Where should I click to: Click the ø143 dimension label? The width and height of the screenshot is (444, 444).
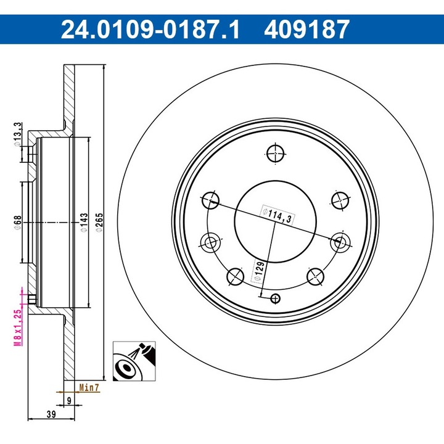(x=84, y=221)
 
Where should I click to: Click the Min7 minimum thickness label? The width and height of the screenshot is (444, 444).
(x=89, y=388)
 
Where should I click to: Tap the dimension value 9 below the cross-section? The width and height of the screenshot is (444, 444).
(x=68, y=401)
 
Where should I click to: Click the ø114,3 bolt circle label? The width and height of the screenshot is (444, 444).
(x=276, y=215)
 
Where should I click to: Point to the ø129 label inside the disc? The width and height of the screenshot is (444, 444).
(x=259, y=271)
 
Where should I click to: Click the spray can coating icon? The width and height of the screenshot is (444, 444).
(x=131, y=361)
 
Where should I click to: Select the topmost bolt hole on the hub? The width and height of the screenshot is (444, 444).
(x=275, y=151)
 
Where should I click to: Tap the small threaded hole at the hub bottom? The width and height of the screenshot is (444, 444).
(x=275, y=299)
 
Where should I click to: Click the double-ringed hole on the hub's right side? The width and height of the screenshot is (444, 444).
(x=339, y=242)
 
